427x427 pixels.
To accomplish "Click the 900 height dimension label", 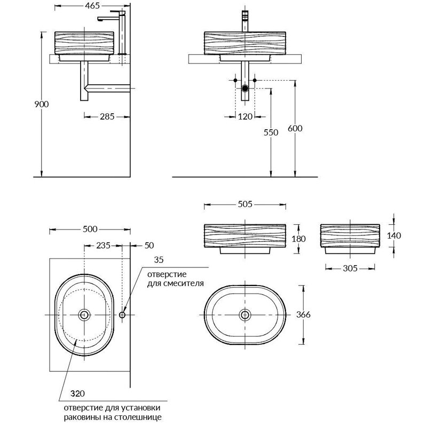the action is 42,104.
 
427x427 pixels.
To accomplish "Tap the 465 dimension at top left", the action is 92,5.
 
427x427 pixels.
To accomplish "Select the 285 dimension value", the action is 107,116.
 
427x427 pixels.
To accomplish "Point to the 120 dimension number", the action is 245,116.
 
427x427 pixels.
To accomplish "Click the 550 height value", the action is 271,132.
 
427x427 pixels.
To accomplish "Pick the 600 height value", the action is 295,128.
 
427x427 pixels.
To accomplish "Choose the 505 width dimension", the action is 245,204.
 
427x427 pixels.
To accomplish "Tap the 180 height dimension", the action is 299,239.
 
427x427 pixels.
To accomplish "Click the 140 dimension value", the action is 394,235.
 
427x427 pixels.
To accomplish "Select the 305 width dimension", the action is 350,268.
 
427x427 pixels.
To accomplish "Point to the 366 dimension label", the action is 303,315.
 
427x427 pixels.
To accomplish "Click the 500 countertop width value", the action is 90,230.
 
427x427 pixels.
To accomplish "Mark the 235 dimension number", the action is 103,246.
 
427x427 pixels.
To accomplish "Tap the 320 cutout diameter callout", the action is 77,393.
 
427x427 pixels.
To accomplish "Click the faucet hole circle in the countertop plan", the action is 122,315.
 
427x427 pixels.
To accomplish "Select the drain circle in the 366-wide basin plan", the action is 245,315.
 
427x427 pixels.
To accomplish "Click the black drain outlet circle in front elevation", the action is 245,88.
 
